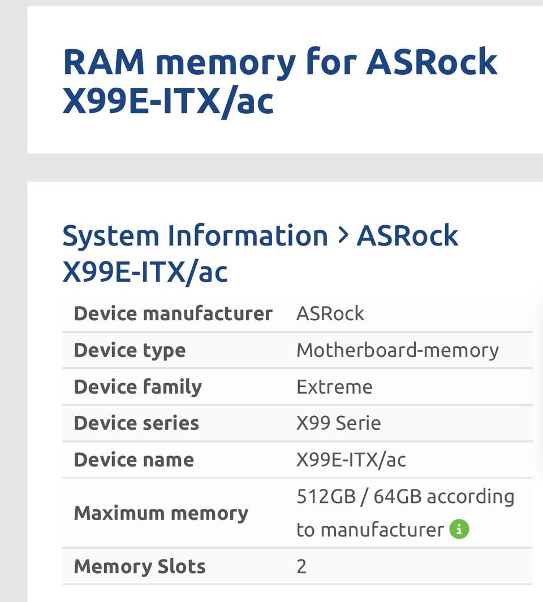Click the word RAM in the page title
(x=104, y=62)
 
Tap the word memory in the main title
(x=226, y=65)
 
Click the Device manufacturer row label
(x=173, y=313)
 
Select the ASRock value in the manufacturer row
(x=330, y=313)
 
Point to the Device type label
(x=130, y=351)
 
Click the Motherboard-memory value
(x=398, y=350)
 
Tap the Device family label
(x=138, y=387)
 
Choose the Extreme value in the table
(x=334, y=386)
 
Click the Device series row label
(x=136, y=423)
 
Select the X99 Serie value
(x=338, y=423)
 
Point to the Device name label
(x=133, y=459)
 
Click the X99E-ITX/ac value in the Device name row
(x=351, y=460)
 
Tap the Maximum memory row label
(x=161, y=513)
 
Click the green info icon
(x=459, y=529)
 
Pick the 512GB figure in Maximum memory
(x=326, y=496)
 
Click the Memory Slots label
(x=140, y=566)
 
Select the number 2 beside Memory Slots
(x=301, y=567)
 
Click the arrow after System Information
(x=343, y=235)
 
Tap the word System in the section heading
(x=110, y=237)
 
